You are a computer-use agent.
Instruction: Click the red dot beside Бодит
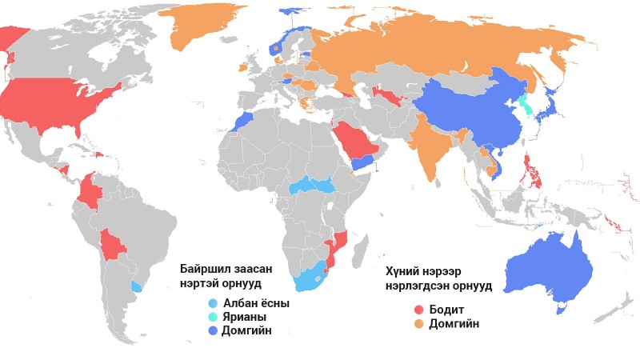(418, 310)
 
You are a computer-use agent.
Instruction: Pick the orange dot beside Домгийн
(418, 323)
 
